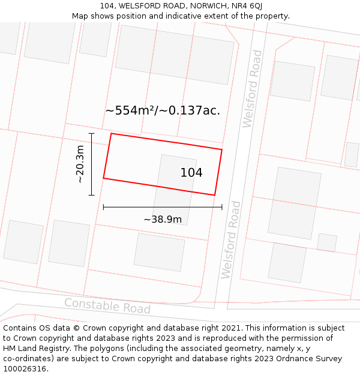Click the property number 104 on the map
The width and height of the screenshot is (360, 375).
pyautogui.click(x=191, y=173)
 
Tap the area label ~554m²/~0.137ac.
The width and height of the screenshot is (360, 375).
pyautogui.click(x=163, y=110)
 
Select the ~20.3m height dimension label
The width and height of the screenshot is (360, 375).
pyautogui.click(x=80, y=164)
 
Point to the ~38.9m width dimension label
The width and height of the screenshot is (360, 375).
pyautogui.click(x=163, y=220)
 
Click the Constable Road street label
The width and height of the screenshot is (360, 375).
pyautogui.click(x=107, y=306)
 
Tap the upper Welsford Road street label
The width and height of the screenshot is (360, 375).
pyautogui.click(x=253, y=89)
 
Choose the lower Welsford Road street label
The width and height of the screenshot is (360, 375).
pyautogui.click(x=230, y=239)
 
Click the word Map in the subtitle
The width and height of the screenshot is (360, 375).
pyautogui.click(x=80, y=16)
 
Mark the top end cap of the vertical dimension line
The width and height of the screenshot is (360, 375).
pyautogui.click(x=91, y=133)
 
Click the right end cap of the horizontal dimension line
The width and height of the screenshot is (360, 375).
pyautogui.click(x=222, y=207)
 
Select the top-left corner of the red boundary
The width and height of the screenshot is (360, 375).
pyautogui.click(x=111, y=134)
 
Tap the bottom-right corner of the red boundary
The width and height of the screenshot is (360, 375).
pyautogui.click(x=215, y=195)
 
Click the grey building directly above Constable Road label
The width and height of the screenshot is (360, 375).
pyautogui.click(x=159, y=252)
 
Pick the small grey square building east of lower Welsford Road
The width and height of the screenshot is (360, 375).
pyautogui.click(x=327, y=242)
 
